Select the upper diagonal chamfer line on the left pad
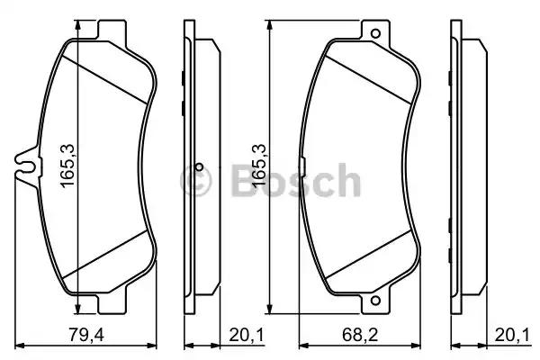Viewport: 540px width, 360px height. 103,76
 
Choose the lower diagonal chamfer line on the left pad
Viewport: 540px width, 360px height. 103,254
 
